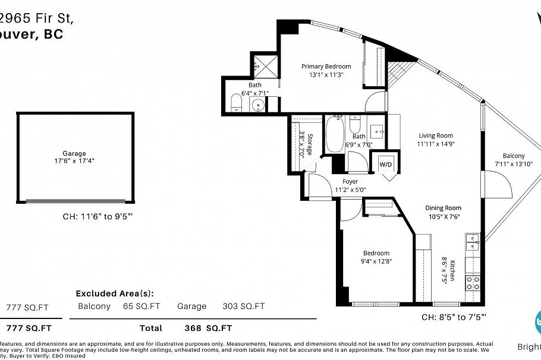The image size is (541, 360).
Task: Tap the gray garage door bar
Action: click(x=76, y=201)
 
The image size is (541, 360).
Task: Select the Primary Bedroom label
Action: click(x=326, y=67)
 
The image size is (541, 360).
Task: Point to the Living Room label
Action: click(x=435, y=135)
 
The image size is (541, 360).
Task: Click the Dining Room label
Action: click(x=443, y=208)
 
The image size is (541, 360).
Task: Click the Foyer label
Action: click(x=350, y=182)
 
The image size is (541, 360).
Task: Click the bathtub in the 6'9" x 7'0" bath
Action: click(x=333, y=136)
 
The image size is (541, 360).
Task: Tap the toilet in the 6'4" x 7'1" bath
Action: click(x=235, y=102)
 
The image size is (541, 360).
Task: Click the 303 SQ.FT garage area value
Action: click(x=244, y=307)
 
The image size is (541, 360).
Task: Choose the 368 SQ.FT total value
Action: click(x=208, y=328)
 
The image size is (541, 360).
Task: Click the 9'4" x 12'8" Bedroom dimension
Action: click(x=376, y=261)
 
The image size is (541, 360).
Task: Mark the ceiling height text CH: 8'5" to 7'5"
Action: click(x=454, y=317)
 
